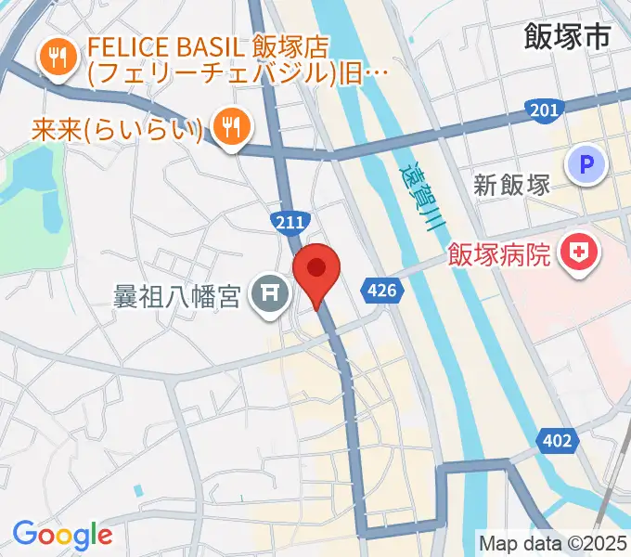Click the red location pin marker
[x=316, y=271]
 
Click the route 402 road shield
[x=558, y=440]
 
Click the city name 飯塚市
[x=567, y=37]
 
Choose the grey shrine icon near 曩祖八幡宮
[x=270, y=295]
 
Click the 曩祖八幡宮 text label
[x=177, y=297]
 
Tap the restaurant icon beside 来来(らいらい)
[x=229, y=123]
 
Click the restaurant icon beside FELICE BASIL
[x=58, y=58]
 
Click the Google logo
[x=62, y=536]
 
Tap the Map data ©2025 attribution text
[x=552, y=542]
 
